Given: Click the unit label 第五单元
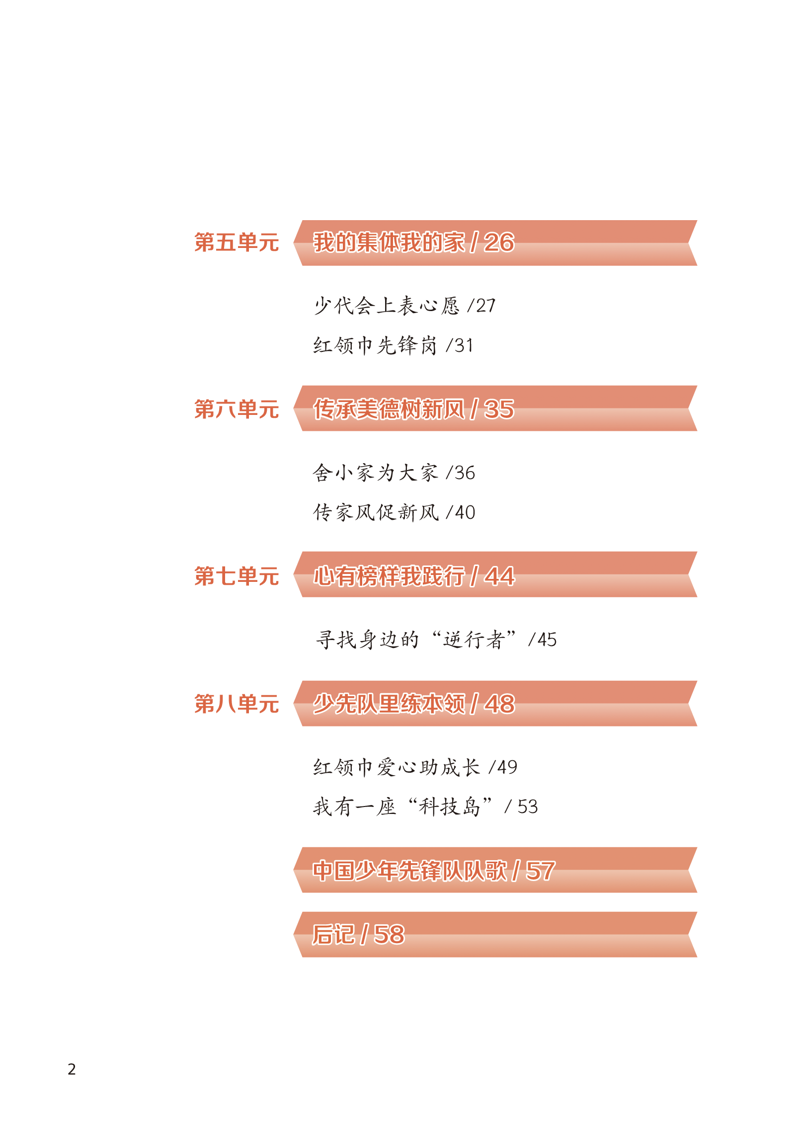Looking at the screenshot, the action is coord(237,242).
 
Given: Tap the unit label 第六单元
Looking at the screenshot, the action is coord(237,409).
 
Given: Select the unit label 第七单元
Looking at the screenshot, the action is coord(237,575).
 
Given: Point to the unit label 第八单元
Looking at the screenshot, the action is coord(237,704).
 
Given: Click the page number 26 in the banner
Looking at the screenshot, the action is coord(499,242).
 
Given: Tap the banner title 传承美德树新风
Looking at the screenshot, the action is coord(389,409).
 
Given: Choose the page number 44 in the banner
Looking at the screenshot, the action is coord(499,576).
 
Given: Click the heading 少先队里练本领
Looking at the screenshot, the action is coord(389,704).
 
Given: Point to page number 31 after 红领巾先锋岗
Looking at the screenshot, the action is coord(464,345).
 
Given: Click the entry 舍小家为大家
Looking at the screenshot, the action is coord(376,473).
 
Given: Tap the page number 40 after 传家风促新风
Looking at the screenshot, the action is coord(465,512).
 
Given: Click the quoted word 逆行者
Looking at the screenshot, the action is coord(474,640).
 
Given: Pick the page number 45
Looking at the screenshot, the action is coord(547,640).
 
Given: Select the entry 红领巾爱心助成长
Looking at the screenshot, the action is coord(397,767).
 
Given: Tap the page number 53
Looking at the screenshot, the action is coord(527,806).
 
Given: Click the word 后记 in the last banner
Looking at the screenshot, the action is coord(334,934).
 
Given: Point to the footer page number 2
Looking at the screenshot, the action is coord(72,1069).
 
